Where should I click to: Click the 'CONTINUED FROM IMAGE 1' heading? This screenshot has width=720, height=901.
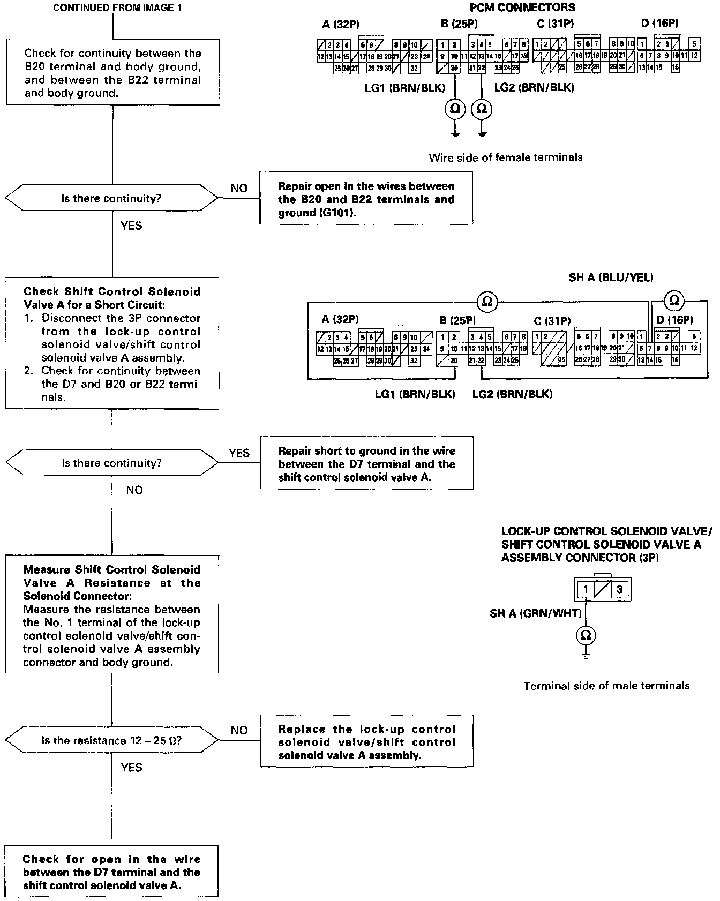point(113,9)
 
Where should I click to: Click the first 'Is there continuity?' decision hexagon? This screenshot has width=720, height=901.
point(111,198)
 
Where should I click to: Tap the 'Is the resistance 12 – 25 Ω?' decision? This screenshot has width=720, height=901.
point(111,741)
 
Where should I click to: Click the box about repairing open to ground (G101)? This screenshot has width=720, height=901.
point(366,199)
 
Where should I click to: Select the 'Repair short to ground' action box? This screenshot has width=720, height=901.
point(366,463)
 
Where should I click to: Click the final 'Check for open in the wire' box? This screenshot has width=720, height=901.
point(111,872)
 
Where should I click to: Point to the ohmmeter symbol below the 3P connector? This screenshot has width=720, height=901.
point(586,635)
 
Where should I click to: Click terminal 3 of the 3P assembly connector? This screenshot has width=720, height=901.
point(619,590)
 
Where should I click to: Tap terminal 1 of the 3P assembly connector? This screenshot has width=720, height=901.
point(586,590)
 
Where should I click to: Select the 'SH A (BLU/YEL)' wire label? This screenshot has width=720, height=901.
point(611,277)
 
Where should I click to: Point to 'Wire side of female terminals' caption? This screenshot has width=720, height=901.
point(505,157)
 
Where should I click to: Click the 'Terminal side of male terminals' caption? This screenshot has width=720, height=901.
point(606,686)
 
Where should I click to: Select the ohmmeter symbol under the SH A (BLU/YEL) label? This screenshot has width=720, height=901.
point(674,300)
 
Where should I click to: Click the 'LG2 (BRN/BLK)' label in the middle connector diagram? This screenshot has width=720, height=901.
point(512,394)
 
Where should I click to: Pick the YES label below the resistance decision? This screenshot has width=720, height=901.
point(131,768)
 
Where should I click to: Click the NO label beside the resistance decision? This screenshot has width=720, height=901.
point(239,730)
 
